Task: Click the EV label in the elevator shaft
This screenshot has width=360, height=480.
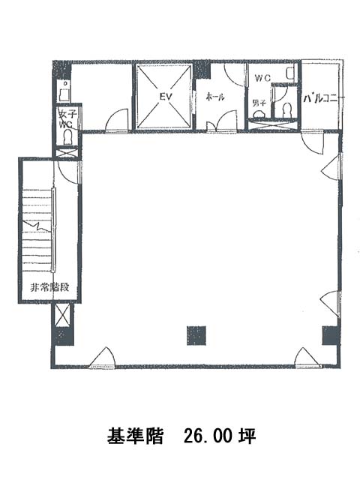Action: (166, 97)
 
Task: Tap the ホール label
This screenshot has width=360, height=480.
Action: (215, 97)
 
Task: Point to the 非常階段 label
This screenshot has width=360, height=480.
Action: (49, 287)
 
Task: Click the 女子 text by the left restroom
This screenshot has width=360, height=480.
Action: (67, 115)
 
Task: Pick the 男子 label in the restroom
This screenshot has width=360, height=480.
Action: (259, 103)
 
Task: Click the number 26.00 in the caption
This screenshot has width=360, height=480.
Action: (209, 436)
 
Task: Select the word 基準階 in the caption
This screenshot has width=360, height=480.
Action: (135, 436)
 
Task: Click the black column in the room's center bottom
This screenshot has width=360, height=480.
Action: (196, 335)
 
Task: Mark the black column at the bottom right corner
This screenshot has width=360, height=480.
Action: (331, 335)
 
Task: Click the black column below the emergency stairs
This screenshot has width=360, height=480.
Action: (64, 337)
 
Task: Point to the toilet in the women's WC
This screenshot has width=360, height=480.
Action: (67, 137)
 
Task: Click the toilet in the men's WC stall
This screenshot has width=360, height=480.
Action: (286, 110)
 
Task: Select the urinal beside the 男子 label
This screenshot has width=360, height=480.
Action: (259, 114)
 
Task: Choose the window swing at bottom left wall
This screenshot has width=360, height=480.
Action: (102, 357)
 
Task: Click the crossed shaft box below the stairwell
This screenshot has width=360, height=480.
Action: (62, 315)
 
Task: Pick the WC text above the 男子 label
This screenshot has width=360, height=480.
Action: (263, 78)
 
